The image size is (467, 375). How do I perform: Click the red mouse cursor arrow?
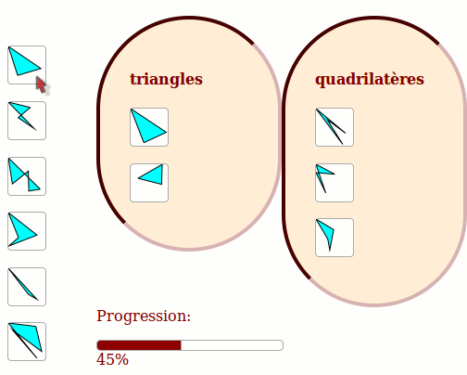[x=41, y=84]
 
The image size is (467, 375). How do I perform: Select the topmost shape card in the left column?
[x=27, y=65]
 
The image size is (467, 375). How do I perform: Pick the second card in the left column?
[x=27, y=121]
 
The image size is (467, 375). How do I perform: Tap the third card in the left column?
[x=27, y=176]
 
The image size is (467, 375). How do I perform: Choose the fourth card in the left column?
[x=27, y=231]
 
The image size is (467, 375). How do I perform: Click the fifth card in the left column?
[x=27, y=287]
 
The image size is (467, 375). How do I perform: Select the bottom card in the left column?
[x=27, y=342]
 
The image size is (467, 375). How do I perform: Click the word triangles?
[x=166, y=79]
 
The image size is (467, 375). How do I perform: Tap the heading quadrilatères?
[x=370, y=80]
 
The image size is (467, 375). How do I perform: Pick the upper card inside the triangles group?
[x=149, y=127]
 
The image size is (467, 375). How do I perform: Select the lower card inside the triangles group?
[x=149, y=183]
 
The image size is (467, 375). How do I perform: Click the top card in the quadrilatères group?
[x=334, y=127]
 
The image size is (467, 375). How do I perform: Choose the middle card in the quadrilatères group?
[x=334, y=183]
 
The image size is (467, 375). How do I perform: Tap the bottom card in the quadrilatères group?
[x=334, y=238]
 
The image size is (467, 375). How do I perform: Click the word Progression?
[x=144, y=317]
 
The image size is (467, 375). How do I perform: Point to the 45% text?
[x=112, y=359]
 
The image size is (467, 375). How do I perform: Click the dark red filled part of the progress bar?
[x=139, y=345]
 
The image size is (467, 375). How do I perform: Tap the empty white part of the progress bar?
[x=232, y=345]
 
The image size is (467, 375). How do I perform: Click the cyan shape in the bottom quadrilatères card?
[x=328, y=233]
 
